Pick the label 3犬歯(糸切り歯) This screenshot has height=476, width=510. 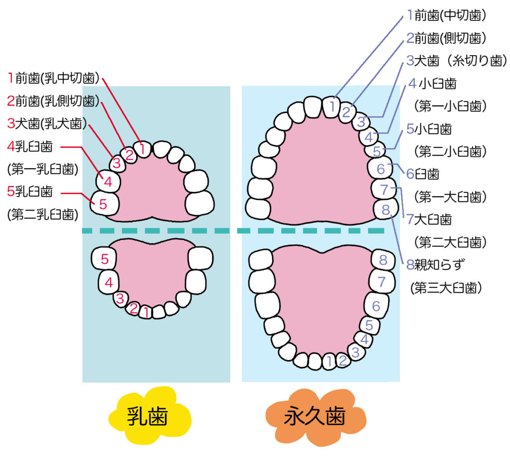click(x=456, y=61)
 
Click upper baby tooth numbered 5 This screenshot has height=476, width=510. click(x=104, y=203)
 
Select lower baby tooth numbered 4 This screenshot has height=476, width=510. click(x=108, y=283)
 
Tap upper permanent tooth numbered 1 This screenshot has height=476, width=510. click(x=333, y=105)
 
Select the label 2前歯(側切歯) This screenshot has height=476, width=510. click(x=446, y=38)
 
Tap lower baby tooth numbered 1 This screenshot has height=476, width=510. click(x=145, y=312)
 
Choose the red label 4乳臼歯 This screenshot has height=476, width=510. click(x=30, y=147)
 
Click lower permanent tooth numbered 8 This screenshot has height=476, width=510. click(x=382, y=259)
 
